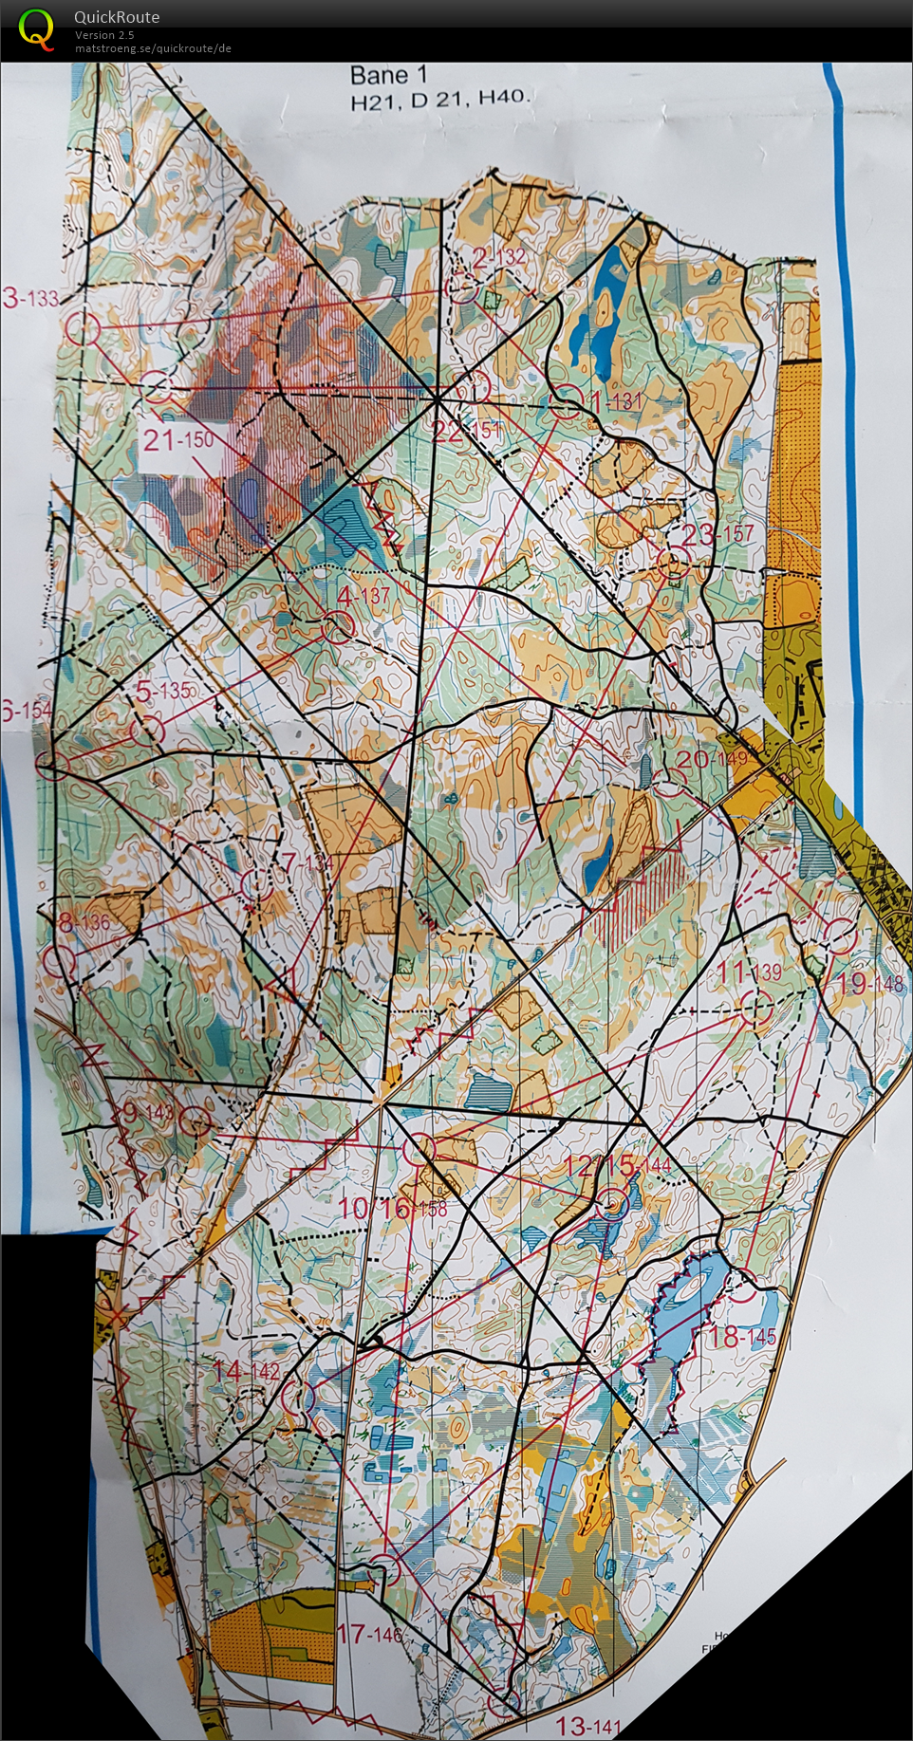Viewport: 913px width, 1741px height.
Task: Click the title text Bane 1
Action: (x=389, y=76)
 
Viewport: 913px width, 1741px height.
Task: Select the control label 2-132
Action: (x=499, y=257)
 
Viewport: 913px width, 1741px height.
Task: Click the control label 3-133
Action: (x=30, y=299)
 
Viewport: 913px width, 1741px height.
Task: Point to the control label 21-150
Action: (x=178, y=439)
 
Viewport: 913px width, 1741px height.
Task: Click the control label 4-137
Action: (x=363, y=596)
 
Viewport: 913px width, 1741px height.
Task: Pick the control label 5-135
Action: (x=163, y=691)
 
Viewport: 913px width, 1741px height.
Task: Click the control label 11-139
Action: (x=749, y=972)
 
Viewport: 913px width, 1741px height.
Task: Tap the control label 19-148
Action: (x=868, y=983)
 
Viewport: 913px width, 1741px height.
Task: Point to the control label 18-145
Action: (x=742, y=1337)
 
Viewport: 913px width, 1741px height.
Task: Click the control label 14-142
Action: (x=246, y=1371)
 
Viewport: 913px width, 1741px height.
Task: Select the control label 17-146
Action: (x=369, y=1634)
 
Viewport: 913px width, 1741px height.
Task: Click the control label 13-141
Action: (x=587, y=1726)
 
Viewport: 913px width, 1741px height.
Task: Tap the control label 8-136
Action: (x=84, y=922)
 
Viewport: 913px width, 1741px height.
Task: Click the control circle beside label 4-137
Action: (x=339, y=627)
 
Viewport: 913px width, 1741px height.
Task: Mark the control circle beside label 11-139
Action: (x=756, y=1008)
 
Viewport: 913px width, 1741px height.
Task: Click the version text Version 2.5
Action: (x=104, y=35)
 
